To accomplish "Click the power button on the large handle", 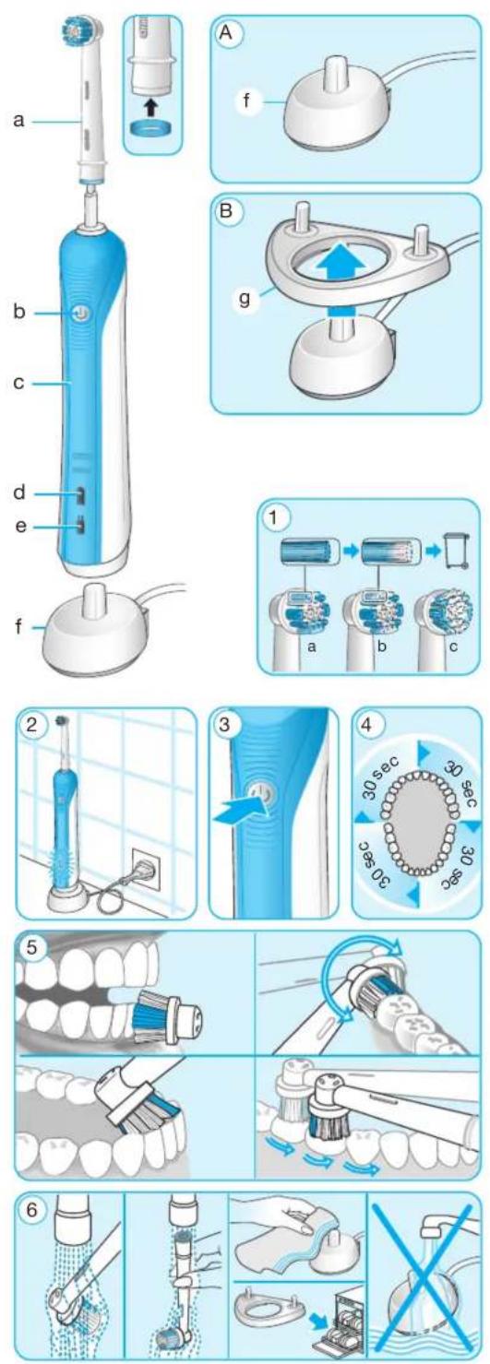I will tap(78, 314).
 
